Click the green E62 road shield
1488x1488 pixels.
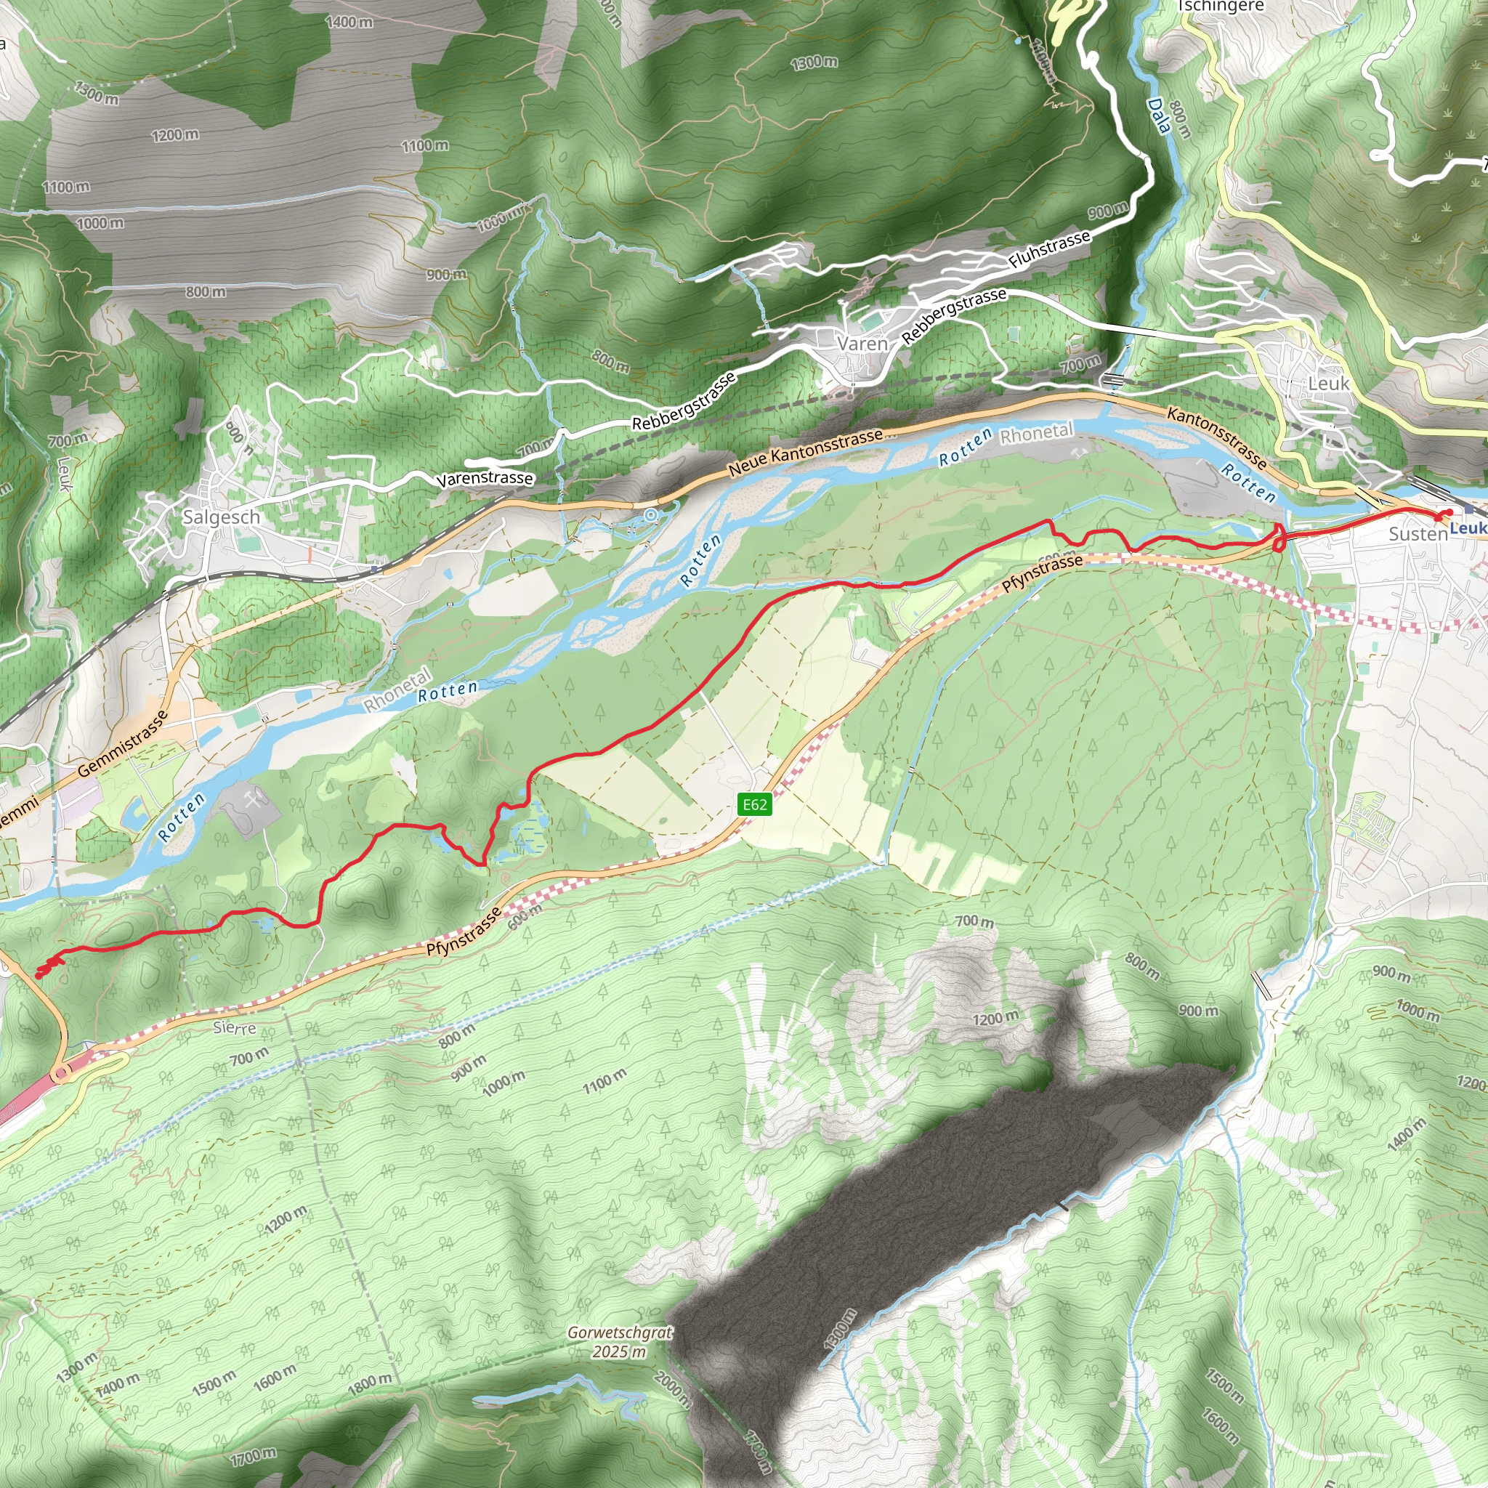pyautogui.click(x=754, y=805)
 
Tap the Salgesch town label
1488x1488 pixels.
pyautogui.click(x=221, y=517)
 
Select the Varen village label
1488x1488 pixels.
pyautogui.click(x=862, y=344)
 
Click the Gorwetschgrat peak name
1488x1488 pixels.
pyautogui.click(x=620, y=1333)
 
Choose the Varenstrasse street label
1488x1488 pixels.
pyautogui.click(x=485, y=478)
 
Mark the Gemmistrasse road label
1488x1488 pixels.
pyautogui.click(x=123, y=743)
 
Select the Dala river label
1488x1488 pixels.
pyautogui.click(x=1157, y=116)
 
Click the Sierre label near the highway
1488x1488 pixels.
pyautogui.click(x=234, y=1027)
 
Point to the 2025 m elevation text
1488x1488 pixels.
pyautogui.click(x=619, y=1351)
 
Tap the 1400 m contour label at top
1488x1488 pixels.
pyautogui.click(x=349, y=23)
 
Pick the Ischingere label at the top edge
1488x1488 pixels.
pyautogui.click(x=1221, y=6)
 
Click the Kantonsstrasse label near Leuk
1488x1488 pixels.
pyautogui.click(x=1217, y=437)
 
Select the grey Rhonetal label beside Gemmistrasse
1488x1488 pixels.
pyautogui.click(x=397, y=691)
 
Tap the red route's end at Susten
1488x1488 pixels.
pyautogui.click(x=1448, y=513)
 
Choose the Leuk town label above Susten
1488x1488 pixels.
pyautogui.click(x=1329, y=383)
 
